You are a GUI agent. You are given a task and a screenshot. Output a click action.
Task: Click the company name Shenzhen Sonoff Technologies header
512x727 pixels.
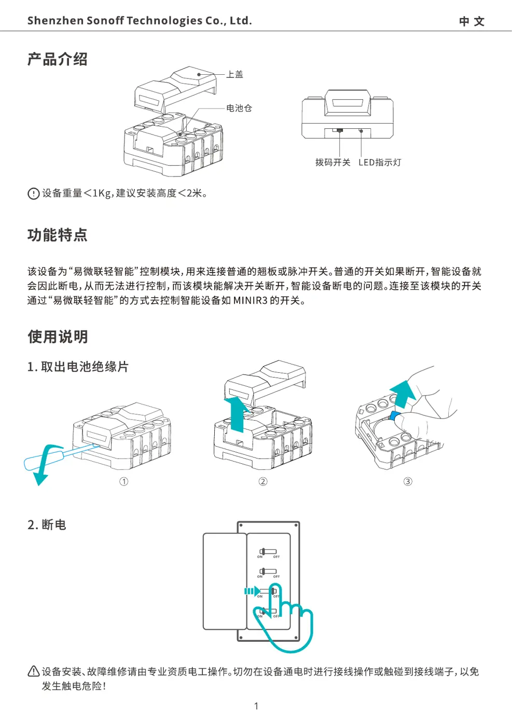tap(139, 21)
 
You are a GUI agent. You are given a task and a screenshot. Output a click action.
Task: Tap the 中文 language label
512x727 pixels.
tap(472, 21)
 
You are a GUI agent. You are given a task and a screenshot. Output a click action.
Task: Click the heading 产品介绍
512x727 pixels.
tap(58, 59)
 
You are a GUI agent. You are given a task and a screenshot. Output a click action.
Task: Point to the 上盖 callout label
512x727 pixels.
tap(235, 74)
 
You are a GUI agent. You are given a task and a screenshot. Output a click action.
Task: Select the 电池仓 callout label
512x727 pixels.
tap(239, 108)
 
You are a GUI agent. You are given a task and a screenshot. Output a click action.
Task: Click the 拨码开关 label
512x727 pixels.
tap(333, 163)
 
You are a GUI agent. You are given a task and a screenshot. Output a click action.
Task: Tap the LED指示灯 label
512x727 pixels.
tap(380, 163)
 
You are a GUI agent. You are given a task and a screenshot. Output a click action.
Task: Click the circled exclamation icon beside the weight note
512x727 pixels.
tap(33, 194)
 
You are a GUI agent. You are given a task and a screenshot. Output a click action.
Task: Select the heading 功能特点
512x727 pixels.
tap(58, 235)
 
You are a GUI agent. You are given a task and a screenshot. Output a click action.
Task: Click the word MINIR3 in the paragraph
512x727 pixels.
tap(250, 301)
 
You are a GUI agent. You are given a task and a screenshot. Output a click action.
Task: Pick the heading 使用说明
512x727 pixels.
tap(58, 337)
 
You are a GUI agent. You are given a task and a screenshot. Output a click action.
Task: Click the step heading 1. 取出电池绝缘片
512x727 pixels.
tap(78, 367)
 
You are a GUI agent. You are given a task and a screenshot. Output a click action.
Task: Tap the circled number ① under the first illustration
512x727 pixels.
tap(123, 481)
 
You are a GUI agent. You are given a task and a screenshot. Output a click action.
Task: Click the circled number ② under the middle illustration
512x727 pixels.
tap(263, 481)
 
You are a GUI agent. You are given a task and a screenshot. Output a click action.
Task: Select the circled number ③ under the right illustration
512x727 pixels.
tap(408, 481)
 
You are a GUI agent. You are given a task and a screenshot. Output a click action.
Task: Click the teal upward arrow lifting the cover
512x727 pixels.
tap(237, 413)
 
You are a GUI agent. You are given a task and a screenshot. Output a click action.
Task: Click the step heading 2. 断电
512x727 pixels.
tap(47, 525)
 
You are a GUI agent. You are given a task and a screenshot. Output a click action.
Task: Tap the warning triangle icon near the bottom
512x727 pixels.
tap(33, 671)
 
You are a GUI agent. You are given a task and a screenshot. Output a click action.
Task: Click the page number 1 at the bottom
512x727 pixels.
tap(256, 706)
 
